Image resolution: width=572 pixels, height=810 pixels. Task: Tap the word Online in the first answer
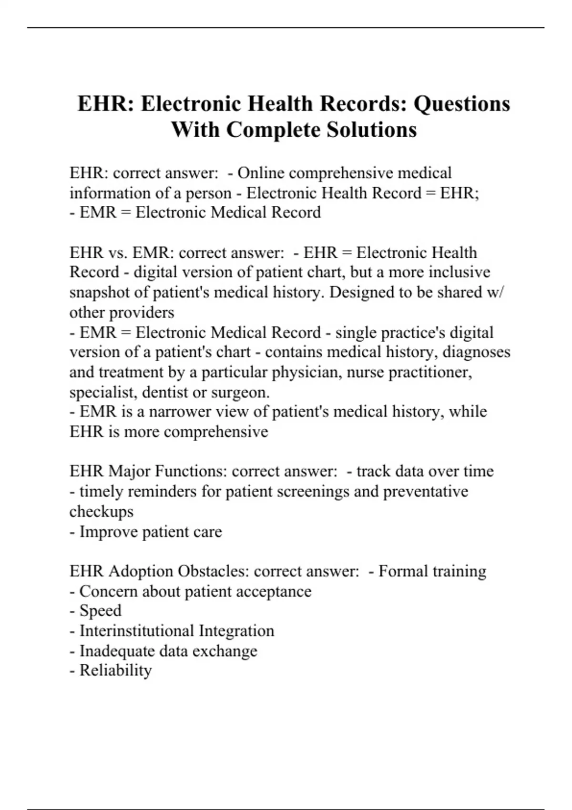(x=261, y=173)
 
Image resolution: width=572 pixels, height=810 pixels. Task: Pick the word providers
(x=142, y=313)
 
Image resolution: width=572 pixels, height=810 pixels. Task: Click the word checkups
(x=102, y=512)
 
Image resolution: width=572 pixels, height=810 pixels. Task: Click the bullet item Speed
(x=100, y=611)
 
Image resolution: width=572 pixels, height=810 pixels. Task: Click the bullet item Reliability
(x=115, y=670)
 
